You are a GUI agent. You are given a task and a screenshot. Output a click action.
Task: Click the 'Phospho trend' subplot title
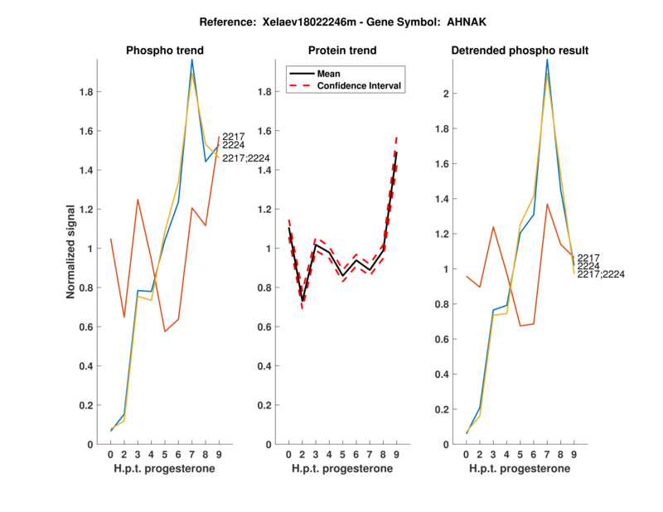click(x=164, y=51)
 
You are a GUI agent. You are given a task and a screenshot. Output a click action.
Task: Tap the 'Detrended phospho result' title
click(x=520, y=51)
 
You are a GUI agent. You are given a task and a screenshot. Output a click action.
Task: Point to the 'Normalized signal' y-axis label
click(x=72, y=252)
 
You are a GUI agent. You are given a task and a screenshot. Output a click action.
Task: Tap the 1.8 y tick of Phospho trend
click(x=85, y=92)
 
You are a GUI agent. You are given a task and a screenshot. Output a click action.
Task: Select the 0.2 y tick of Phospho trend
click(x=85, y=405)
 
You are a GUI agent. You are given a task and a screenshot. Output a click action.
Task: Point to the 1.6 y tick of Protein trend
click(x=264, y=131)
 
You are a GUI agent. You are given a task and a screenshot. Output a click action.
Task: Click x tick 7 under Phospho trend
click(x=192, y=454)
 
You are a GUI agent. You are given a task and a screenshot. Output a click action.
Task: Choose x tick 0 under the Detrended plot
click(x=467, y=454)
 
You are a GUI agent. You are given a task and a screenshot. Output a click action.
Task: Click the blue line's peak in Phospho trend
click(x=192, y=60)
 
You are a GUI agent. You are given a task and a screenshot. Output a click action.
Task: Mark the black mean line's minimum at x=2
click(x=303, y=300)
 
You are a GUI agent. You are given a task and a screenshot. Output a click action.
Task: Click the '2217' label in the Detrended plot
click(x=588, y=258)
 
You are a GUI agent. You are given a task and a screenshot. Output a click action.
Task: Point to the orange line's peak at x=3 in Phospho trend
click(x=138, y=200)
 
